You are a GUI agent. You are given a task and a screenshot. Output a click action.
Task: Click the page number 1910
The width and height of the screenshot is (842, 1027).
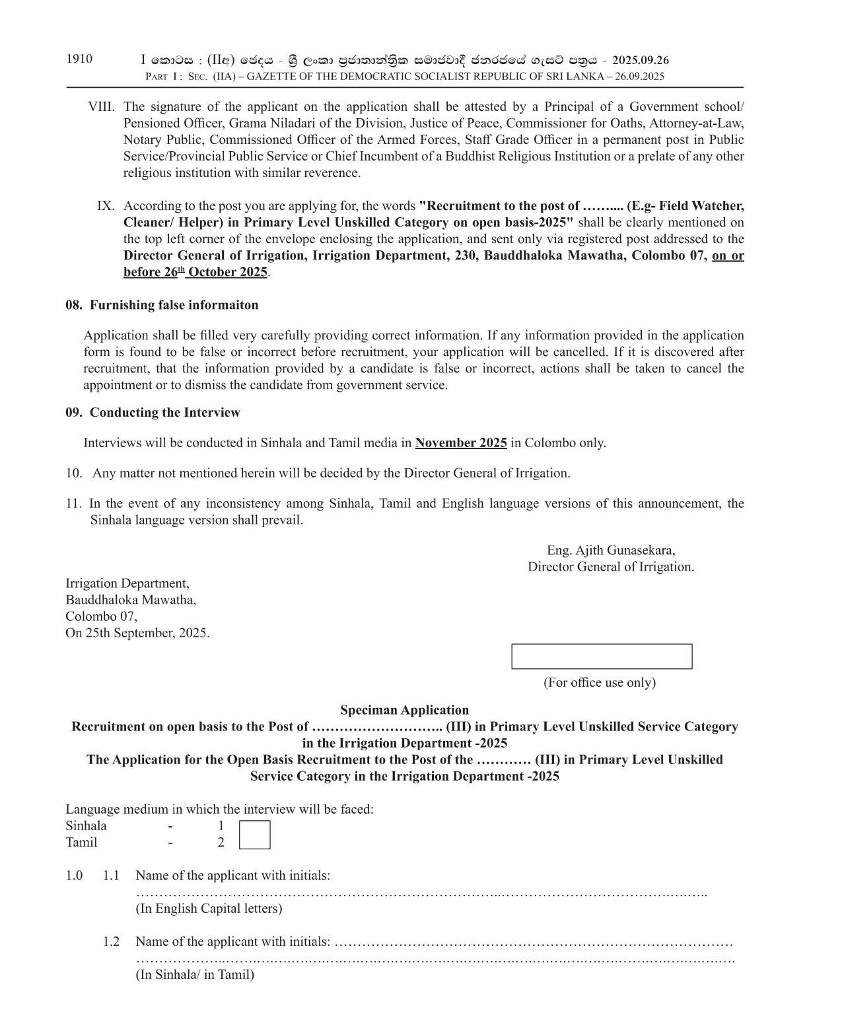tap(79, 59)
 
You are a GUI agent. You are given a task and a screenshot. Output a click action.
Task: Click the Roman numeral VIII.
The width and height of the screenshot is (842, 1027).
tap(102, 107)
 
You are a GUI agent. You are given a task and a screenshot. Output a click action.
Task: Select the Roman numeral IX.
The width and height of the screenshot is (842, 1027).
tap(106, 206)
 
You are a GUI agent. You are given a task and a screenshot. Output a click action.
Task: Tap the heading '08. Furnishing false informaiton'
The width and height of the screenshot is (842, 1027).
tap(162, 305)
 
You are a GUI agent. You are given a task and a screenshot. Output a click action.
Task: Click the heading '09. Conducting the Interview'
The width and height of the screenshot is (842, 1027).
tap(153, 413)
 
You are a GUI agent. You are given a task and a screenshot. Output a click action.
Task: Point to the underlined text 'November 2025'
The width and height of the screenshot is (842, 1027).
tap(461, 443)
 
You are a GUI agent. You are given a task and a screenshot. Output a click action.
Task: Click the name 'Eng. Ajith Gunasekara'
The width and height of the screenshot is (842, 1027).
tap(611, 550)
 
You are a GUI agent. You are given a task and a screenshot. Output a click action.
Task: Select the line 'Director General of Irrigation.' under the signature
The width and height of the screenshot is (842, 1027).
tap(611, 567)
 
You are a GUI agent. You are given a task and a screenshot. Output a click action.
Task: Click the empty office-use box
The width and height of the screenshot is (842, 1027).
tap(602, 656)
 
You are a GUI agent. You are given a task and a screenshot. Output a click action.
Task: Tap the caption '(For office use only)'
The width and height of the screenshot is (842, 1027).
tap(600, 682)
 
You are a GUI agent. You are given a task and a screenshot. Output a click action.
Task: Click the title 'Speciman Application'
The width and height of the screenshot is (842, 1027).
tap(404, 710)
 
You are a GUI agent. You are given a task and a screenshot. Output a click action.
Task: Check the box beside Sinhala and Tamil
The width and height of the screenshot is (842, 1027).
tap(254, 834)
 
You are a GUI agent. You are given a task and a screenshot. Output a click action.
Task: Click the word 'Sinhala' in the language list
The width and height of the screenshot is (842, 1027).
tap(86, 826)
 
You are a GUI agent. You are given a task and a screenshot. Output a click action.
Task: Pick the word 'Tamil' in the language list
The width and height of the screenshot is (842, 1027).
tap(81, 842)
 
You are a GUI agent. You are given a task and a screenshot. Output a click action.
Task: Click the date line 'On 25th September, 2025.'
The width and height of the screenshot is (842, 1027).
tap(137, 633)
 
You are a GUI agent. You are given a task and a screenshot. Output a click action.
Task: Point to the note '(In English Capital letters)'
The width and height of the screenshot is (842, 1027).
tap(209, 908)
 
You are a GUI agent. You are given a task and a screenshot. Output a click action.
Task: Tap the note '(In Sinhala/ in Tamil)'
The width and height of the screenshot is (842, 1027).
tap(195, 974)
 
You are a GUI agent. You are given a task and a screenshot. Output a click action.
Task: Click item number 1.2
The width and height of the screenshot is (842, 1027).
tap(111, 941)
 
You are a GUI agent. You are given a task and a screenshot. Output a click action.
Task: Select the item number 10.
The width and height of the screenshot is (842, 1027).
tap(73, 474)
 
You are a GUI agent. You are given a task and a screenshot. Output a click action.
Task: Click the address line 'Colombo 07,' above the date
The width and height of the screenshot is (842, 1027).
tap(101, 616)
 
